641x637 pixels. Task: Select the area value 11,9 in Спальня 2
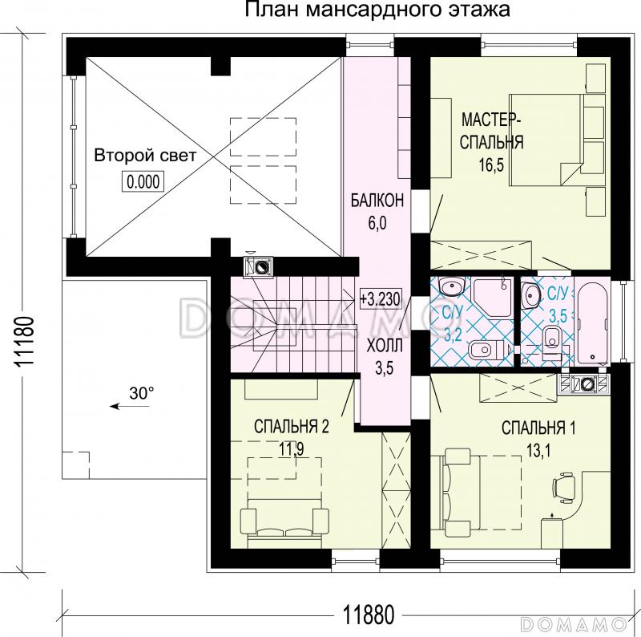point(291,448)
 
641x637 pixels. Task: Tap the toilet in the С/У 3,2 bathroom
point(484,349)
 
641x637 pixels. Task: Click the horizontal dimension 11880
point(369,615)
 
